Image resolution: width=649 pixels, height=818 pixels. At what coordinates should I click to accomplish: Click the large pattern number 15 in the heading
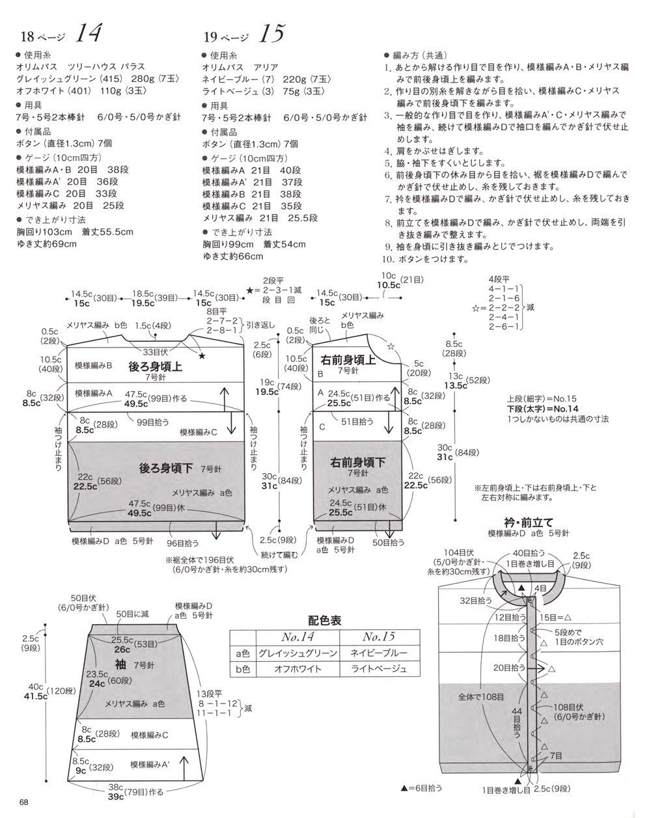tap(271, 33)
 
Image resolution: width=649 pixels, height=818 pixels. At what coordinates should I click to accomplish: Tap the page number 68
tap(24, 801)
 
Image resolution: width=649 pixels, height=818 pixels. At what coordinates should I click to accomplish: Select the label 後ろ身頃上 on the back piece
tap(156, 366)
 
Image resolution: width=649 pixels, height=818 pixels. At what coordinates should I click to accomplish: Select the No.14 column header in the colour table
tap(297, 636)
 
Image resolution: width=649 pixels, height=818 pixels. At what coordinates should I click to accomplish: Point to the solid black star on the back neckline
tap(202, 355)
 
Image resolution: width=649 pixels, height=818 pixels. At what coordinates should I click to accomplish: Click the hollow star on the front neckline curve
tap(390, 345)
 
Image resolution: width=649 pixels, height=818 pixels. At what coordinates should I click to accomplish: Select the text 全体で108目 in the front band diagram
tap(480, 696)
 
